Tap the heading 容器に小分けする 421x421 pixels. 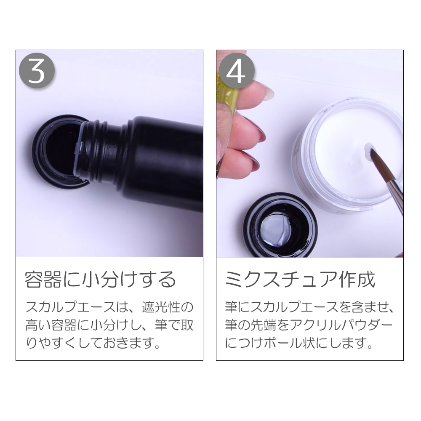pyautogui.click(x=100, y=280)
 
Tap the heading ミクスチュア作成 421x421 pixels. pyautogui.click(x=300, y=280)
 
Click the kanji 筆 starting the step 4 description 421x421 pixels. pyautogui.click(x=232, y=306)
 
